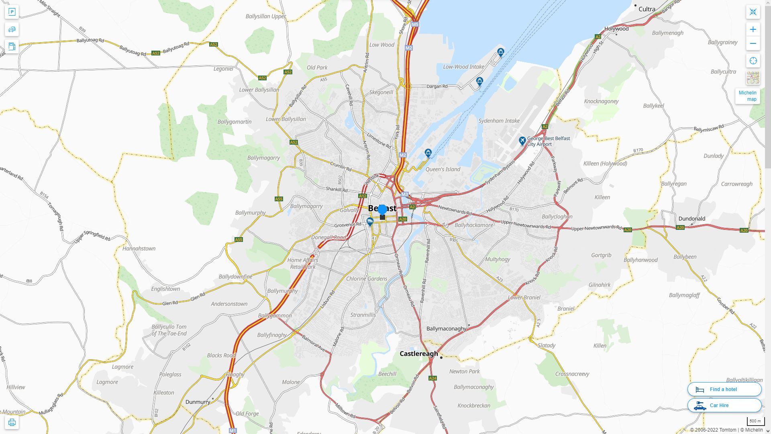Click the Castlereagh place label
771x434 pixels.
tap(419, 354)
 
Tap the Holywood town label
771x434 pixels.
tap(616, 29)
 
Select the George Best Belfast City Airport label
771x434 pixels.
tap(548, 141)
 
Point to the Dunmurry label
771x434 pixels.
tap(198, 402)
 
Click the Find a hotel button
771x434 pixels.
tap(724, 389)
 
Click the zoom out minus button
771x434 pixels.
tap(753, 43)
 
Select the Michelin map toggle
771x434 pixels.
tap(747, 96)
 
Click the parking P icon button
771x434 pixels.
tap(12, 12)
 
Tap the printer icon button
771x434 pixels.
tap(12, 422)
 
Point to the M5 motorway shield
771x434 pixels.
tap(415, 25)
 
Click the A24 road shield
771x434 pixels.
tap(432, 378)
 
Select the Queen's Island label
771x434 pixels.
tap(443, 169)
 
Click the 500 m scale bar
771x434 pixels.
tap(755, 422)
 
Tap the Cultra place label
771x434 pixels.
tap(647, 9)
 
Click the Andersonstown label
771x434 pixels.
tap(229, 304)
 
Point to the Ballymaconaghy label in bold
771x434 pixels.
tap(446, 328)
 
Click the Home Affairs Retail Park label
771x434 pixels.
tap(303, 263)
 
